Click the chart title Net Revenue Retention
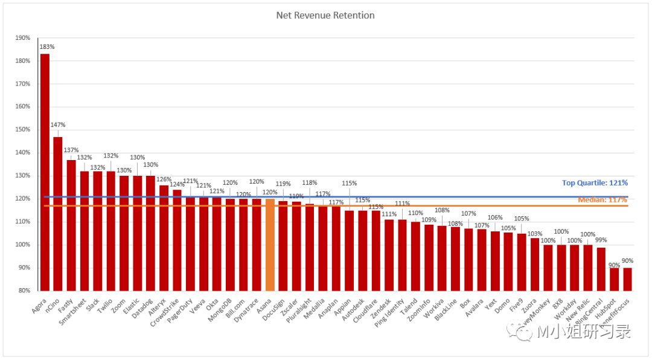point(325,15)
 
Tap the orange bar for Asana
point(270,245)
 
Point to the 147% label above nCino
point(59,125)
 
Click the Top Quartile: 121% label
point(595,183)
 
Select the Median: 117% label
point(602,199)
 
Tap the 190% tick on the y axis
point(23,37)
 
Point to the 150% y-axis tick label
point(23,130)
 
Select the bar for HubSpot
point(615,279)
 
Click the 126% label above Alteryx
point(164,179)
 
